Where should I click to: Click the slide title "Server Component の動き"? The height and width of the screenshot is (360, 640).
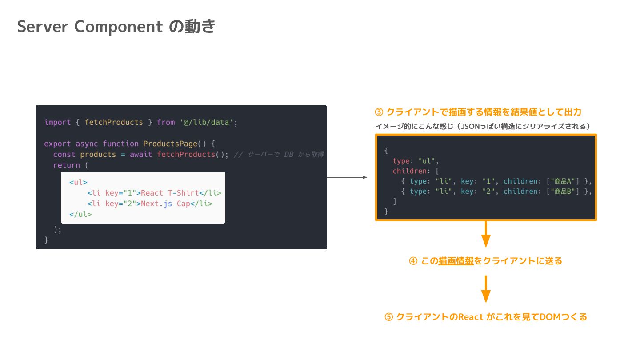116,27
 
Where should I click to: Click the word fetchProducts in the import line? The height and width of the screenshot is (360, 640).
114,122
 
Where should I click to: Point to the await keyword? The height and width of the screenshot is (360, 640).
141,154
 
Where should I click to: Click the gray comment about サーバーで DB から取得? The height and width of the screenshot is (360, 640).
279,155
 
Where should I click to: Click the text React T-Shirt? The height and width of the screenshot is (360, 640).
169,193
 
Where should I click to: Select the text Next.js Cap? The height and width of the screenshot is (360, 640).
165,204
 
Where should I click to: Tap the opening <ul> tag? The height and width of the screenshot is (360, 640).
78,182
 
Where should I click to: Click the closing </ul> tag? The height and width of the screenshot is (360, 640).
80,214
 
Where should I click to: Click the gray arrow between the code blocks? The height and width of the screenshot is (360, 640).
347,177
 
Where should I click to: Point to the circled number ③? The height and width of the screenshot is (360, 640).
379,112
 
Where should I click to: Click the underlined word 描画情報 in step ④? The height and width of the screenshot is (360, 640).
456,261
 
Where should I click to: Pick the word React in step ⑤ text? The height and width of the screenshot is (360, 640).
471,317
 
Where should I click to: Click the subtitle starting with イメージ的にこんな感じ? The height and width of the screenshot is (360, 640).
483,126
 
